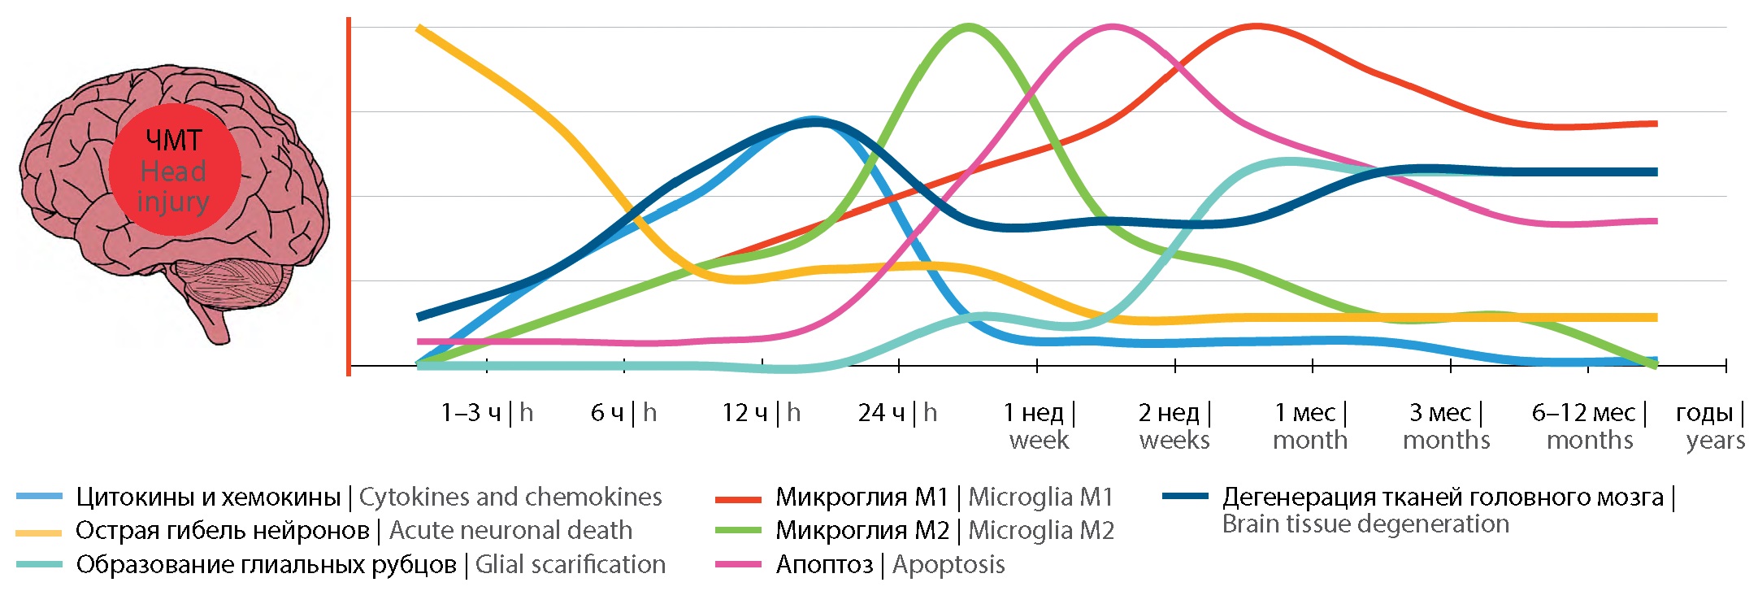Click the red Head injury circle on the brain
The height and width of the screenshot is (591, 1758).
click(175, 170)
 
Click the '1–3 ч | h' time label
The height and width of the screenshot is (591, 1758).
click(487, 413)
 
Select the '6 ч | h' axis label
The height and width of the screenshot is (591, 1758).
click(623, 413)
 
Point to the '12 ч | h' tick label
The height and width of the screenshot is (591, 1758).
click(761, 413)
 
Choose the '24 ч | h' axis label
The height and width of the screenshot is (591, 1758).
click(897, 413)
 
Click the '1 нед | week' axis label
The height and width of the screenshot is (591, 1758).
click(1039, 426)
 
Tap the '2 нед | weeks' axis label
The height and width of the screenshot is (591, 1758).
click(1174, 426)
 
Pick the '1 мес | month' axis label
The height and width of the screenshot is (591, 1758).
click(1310, 426)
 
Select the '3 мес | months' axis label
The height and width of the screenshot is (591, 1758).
click(1447, 426)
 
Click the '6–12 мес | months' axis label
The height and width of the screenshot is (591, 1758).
click(1589, 426)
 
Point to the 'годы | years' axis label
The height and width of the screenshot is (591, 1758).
click(1711, 426)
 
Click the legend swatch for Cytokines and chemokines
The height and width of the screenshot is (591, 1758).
click(39, 497)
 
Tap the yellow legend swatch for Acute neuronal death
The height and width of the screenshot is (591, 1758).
click(39, 532)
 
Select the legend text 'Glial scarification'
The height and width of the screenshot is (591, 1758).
click(570, 564)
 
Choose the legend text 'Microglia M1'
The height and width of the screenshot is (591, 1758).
click(1040, 497)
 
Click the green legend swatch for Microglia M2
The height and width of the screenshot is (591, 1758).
click(738, 531)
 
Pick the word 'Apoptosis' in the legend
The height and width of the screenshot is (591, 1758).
click(948, 564)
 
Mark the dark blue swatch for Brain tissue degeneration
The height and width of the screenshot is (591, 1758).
click(1185, 496)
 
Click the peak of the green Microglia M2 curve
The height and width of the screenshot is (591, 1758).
click(968, 27)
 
